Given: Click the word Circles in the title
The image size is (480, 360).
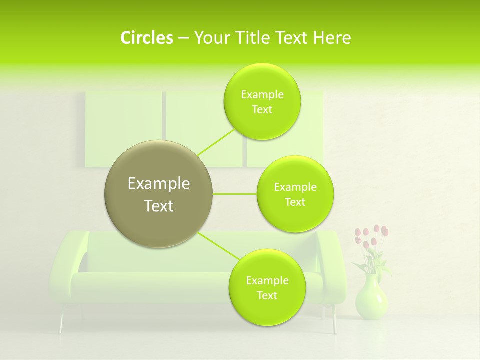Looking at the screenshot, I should click(x=146, y=38).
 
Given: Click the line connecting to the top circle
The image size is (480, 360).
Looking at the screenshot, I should click(x=216, y=141).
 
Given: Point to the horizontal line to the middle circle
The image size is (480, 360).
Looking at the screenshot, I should click(x=234, y=194).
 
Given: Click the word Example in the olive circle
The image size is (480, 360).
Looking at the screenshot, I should click(x=158, y=184).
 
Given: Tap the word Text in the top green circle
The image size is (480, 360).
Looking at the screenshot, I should click(x=262, y=110).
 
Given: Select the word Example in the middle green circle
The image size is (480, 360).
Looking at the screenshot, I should click(x=295, y=187).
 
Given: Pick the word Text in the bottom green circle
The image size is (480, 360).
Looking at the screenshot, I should click(x=267, y=296).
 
